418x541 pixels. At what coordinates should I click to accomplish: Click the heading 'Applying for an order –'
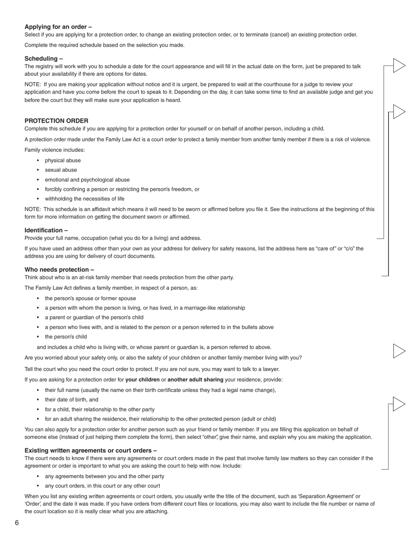point(58,27)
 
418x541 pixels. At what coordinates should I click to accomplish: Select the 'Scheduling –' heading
point(44,58)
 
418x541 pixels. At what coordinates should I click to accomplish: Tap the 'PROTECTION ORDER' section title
point(56,121)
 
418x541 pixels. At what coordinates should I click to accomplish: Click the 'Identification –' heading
point(46,230)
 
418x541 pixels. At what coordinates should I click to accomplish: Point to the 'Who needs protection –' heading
point(59,270)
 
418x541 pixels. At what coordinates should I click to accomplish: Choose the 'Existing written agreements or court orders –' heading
point(91,450)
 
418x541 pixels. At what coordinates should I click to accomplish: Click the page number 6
point(17,523)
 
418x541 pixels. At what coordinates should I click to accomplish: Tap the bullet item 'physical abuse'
point(63,161)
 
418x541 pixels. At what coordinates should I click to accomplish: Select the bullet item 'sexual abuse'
point(61,170)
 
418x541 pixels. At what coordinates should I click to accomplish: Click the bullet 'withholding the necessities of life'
point(84,199)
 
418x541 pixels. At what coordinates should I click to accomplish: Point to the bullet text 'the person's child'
point(66,337)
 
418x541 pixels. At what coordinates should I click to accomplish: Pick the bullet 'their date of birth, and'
point(71,400)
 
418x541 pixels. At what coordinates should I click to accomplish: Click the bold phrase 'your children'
point(143,380)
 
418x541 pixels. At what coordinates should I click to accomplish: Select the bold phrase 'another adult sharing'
point(195,380)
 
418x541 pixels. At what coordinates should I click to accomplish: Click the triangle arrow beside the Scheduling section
point(399,66)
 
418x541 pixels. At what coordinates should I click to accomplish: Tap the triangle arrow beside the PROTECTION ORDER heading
point(399,112)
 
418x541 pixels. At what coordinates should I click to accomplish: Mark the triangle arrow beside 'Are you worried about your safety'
point(399,351)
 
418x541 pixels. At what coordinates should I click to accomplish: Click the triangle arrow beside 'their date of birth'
point(399,404)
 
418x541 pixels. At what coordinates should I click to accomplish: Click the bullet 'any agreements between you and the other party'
point(104,476)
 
